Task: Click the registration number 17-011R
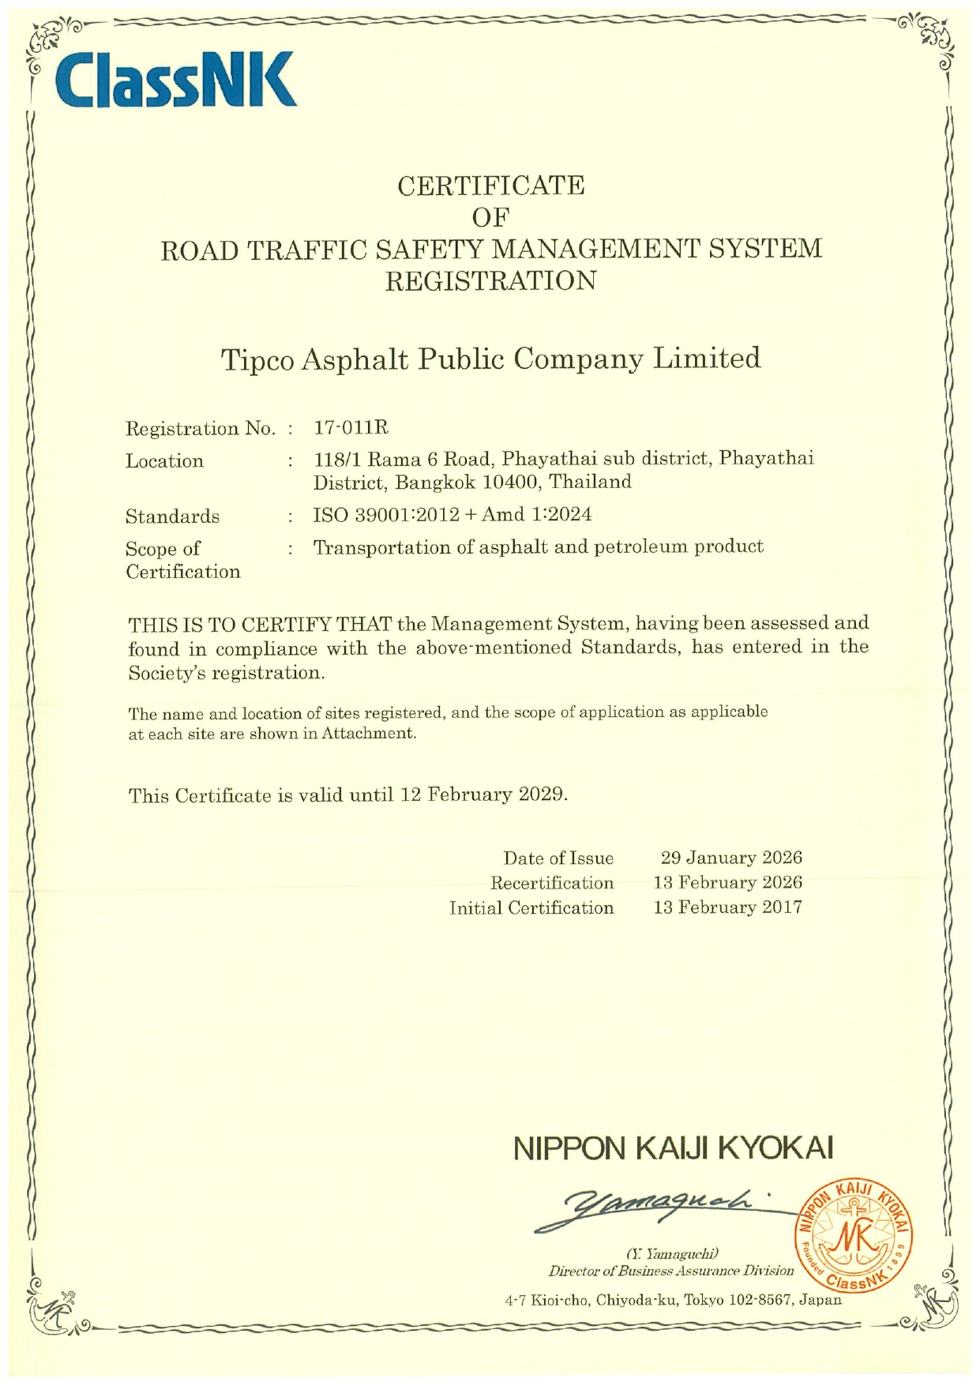click(351, 428)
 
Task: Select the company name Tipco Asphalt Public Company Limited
click(490, 359)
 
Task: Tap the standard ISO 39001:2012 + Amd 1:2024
click(452, 515)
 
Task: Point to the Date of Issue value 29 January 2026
click(730, 858)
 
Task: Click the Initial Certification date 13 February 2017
click(727, 907)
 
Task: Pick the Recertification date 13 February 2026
click(727, 882)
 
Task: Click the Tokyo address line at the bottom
click(673, 1300)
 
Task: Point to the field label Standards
click(172, 516)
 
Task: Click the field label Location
click(164, 461)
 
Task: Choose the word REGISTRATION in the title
click(490, 280)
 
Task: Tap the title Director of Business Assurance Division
click(671, 1271)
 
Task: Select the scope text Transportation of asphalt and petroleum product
click(538, 547)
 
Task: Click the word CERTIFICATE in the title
click(490, 186)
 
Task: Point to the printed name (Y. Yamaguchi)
click(671, 1253)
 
